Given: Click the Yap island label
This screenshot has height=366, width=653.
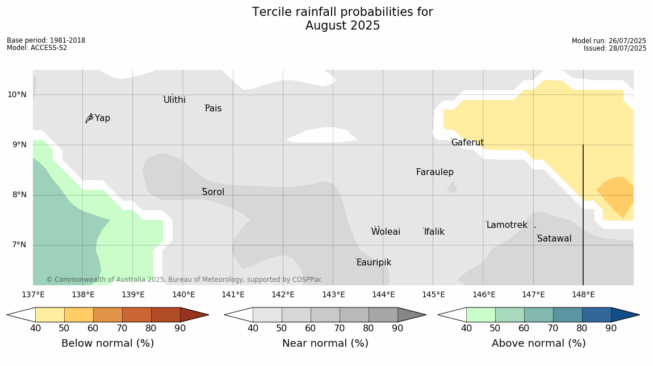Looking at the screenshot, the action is pyautogui.click(x=102, y=118).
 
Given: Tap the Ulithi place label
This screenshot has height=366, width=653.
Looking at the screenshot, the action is pyautogui.click(x=174, y=99).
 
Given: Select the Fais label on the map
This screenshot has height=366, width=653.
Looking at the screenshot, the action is pyautogui.click(x=214, y=109).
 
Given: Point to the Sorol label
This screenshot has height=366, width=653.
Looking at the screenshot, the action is pyautogui.click(x=214, y=192).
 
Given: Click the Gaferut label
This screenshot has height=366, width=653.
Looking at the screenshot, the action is pyautogui.click(x=468, y=142).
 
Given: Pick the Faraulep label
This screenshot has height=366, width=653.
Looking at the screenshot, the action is pyautogui.click(x=435, y=172).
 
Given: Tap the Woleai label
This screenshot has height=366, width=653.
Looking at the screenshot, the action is pyautogui.click(x=386, y=231).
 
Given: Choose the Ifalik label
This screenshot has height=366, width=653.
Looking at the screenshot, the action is pyautogui.click(x=434, y=231).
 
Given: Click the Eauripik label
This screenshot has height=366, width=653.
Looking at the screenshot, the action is pyautogui.click(x=374, y=262).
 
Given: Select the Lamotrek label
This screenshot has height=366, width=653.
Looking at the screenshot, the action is pyautogui.click(x=507, y=224).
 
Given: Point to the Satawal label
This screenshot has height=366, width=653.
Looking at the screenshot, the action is pyautogui.click(x=554, y=239).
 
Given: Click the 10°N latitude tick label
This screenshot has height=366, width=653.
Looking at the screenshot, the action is pyautogui.click(x=16, y=95).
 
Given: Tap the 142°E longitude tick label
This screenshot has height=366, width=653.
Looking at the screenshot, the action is pyautogui.click(x=283, y=295).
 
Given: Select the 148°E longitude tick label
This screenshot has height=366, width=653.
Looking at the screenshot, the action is pyautogui.click(x=584, y=295).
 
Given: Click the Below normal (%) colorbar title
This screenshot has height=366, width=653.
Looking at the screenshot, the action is pyautogui.click(x=108, y=343).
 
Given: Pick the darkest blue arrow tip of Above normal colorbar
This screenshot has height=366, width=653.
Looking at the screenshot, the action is pyautogui.click(x=625, y=315).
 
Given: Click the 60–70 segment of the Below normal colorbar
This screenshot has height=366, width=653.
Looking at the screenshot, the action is pyautogui.click(x=107, y=315).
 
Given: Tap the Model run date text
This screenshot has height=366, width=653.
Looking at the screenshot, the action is pyautogui.click(x=609, y=41).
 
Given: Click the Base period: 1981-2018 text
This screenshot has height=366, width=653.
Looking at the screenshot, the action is pyautogui.click(x=46, y=40).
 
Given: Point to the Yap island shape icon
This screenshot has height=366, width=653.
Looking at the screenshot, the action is pyautogui.click(x=89, y=118).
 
